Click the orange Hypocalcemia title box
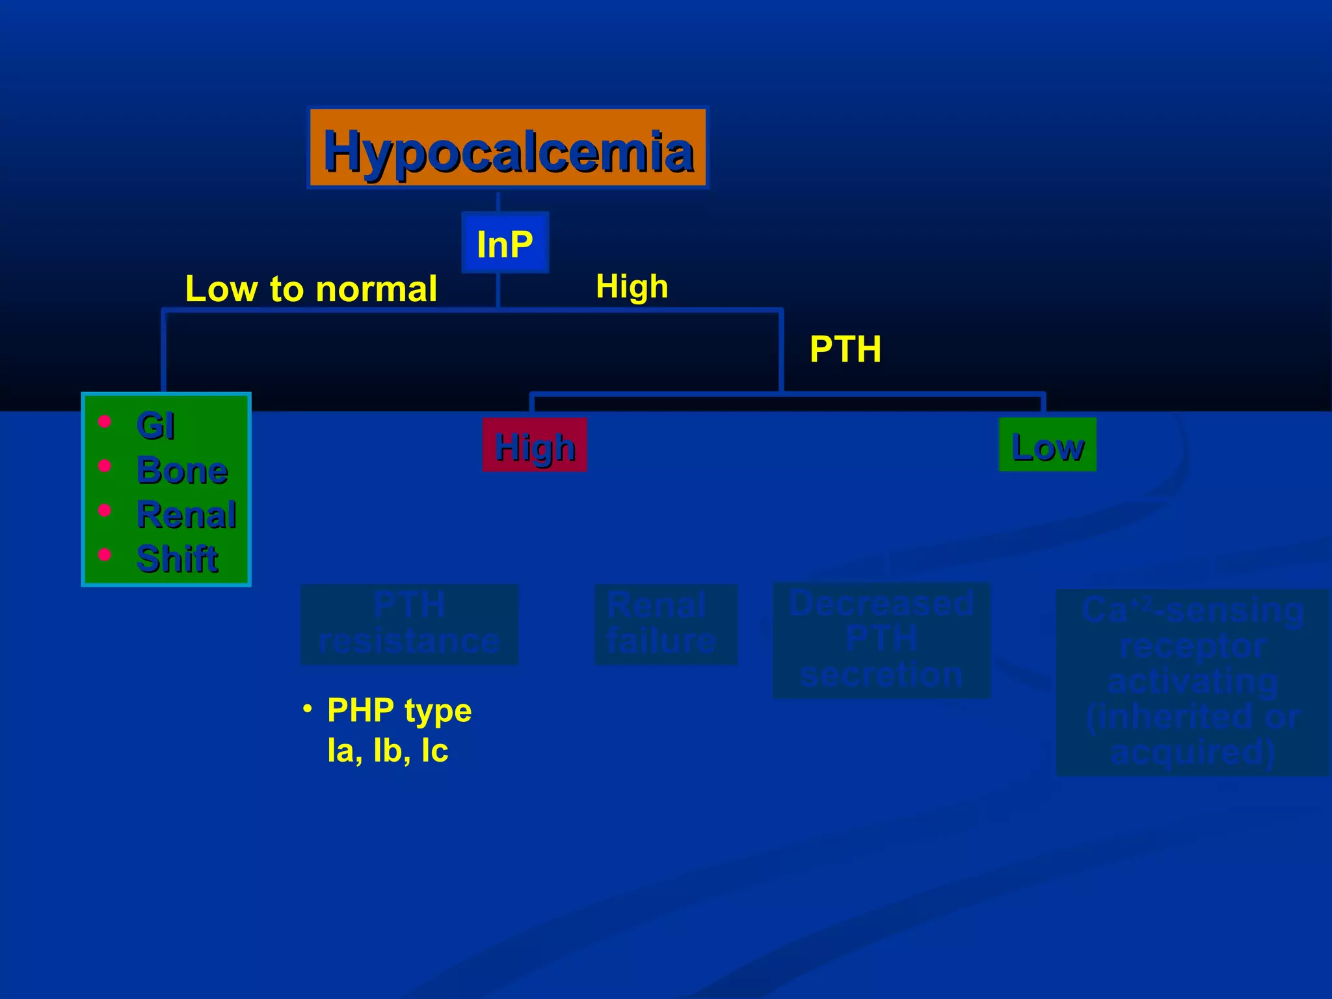click(x=508, y=149)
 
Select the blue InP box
click(x=505, y=243)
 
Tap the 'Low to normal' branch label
click(x=311, y=289)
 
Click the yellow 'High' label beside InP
click(x=632, y=286)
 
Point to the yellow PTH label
click(x=845, y=349)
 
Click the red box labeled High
click(x=535, y=446)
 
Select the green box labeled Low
click(x=1047, y=446)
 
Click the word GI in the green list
click(x=155, y=426)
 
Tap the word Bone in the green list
click(x=182, y=470)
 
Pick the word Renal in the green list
click(x=187, y=514)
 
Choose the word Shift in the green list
click(x=177, y=559)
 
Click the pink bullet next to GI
click(x=104, y=422)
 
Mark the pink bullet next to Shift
click(x=104, y=554)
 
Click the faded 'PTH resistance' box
click(x=409, y=624)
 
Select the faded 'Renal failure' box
click(x=665, y=624)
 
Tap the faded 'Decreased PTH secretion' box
click(x=881, y=640)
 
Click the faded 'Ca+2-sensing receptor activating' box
click(x=1192, y=682)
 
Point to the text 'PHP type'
click(x=399, y=710)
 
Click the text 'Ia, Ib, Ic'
click(x=388, y=751)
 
